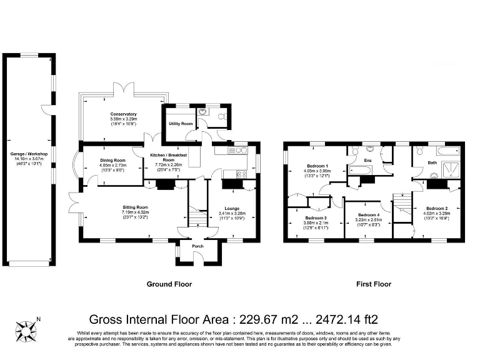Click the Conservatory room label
(x=123, y=114)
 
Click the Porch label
(x=197, y=246)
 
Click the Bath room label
(x=432, y=162)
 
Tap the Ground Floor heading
(x=169, y=284)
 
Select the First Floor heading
(x=373, y=284)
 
